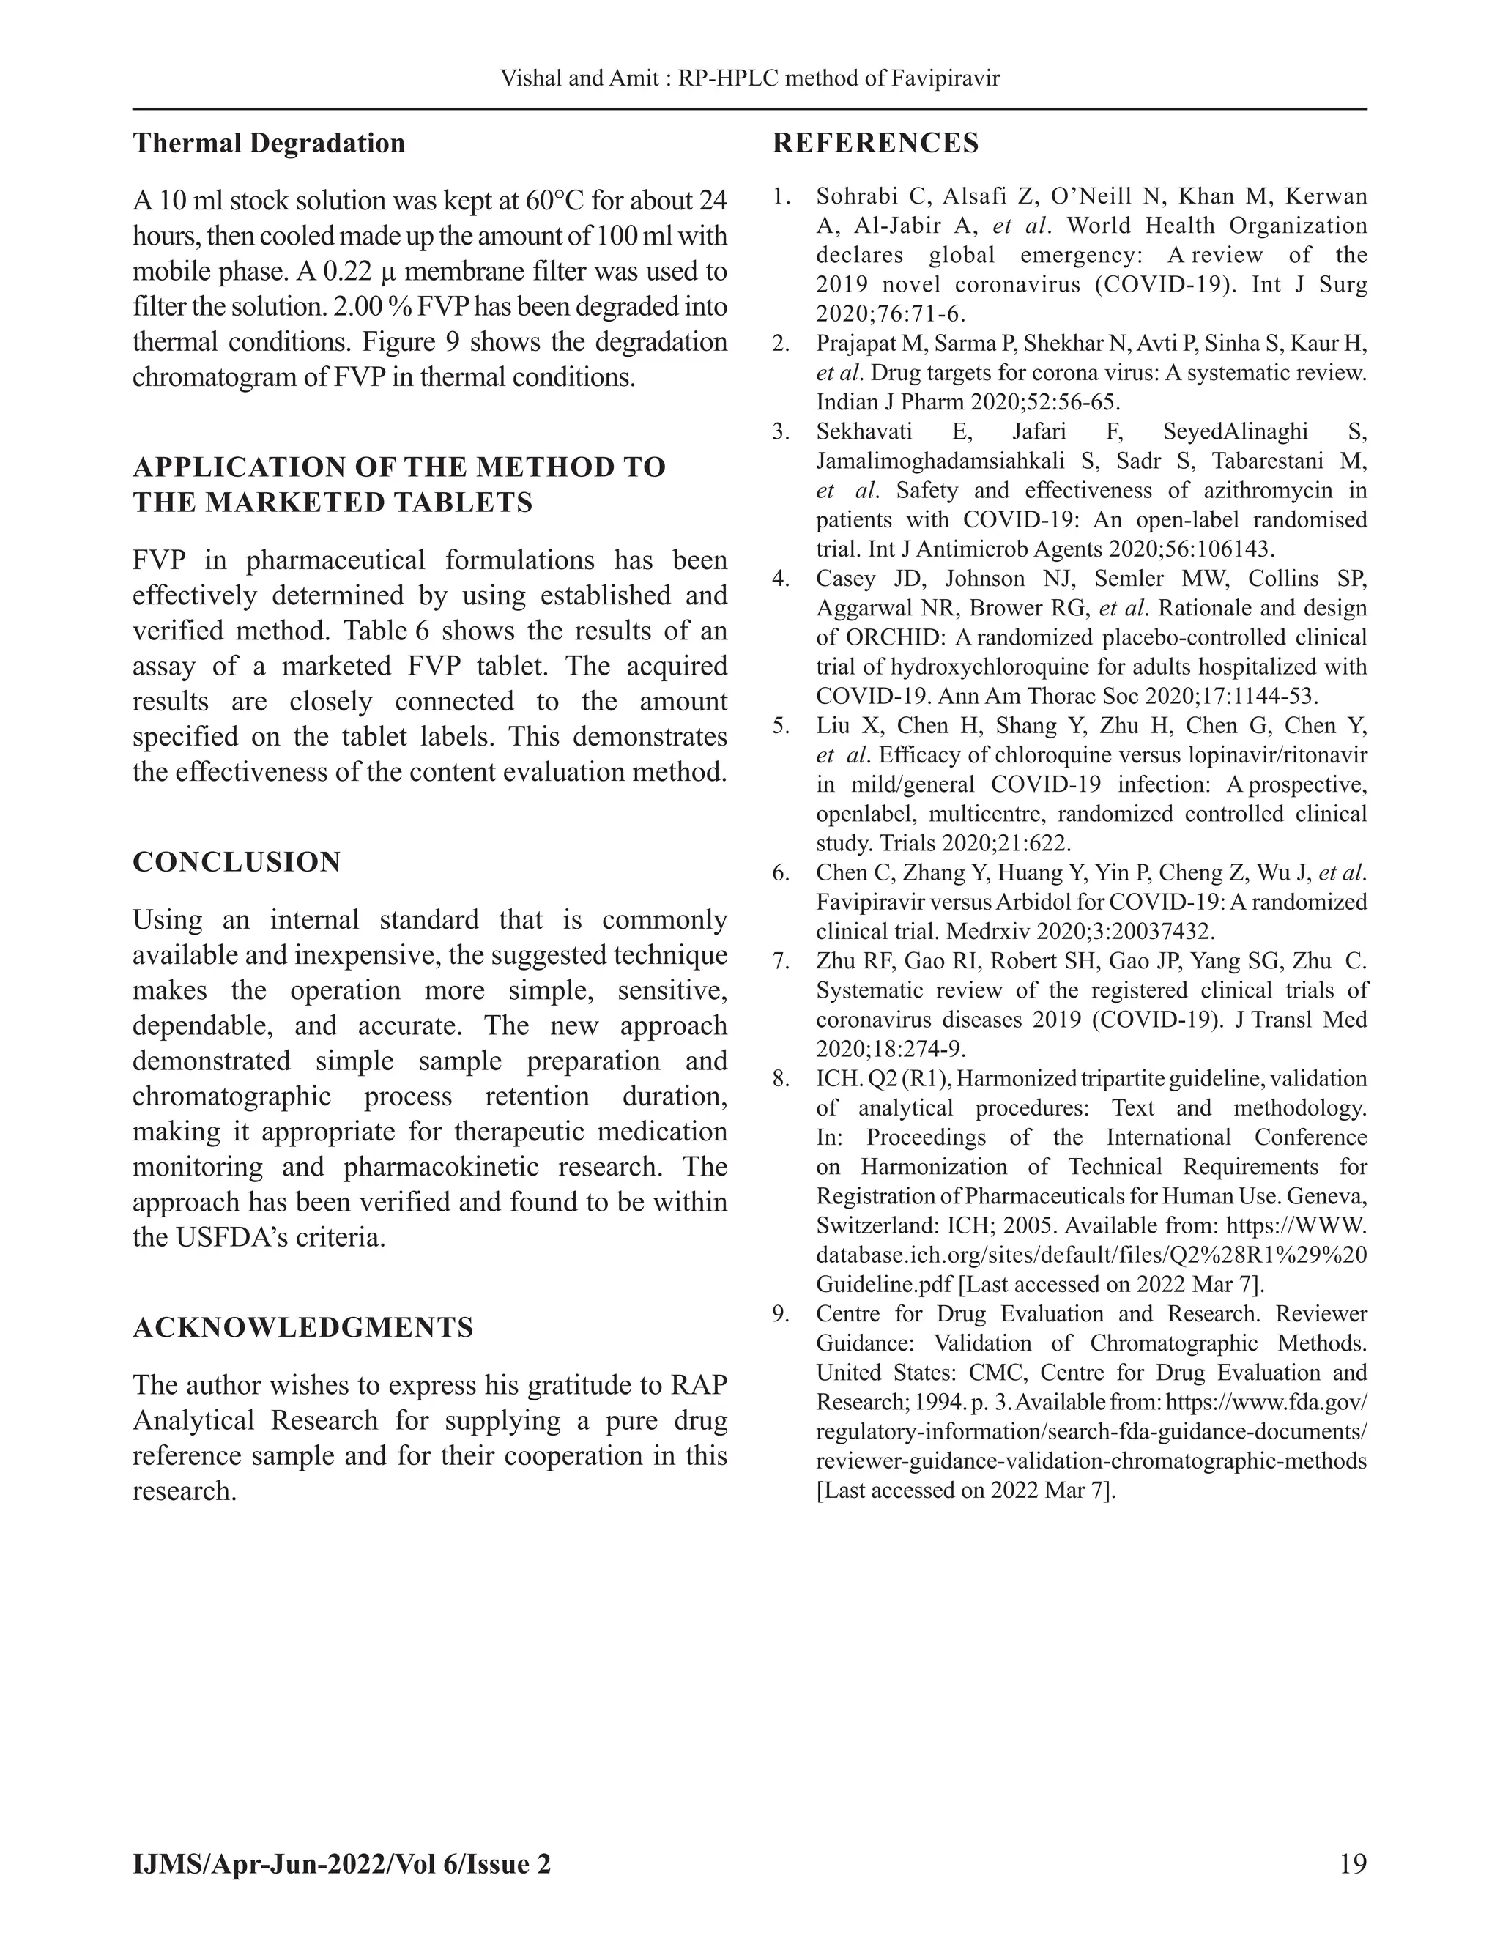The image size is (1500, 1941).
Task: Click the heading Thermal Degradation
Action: coord(268,143)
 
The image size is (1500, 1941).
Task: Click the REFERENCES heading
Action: coord(875,143)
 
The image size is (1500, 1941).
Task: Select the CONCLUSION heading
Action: coord(237,862)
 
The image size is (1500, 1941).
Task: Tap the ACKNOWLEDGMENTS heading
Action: coord(303,1328)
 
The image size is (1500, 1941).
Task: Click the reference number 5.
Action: coord(780,726)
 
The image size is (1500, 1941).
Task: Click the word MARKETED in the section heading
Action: coord(285,502)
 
